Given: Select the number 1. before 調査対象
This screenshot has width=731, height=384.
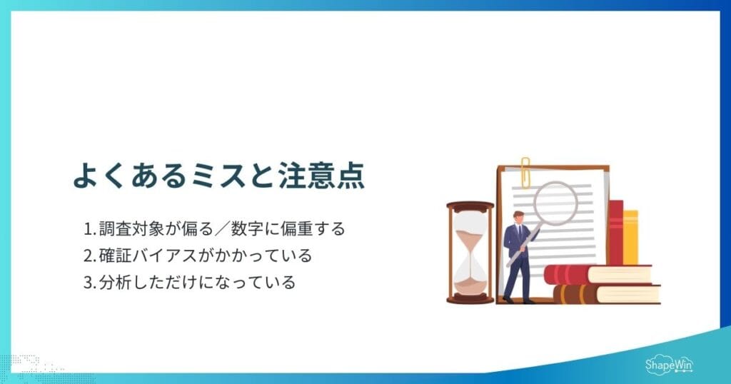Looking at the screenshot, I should coord(90,230).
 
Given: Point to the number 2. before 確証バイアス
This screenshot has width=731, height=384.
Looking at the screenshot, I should coord(90,256).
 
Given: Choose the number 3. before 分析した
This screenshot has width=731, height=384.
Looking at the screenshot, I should coord(90,282).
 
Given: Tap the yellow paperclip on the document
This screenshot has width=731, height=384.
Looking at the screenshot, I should coord(525,172).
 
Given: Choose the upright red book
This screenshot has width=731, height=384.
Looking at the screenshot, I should coord(615,233).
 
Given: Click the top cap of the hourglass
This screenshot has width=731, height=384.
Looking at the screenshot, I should coord(470,206).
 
